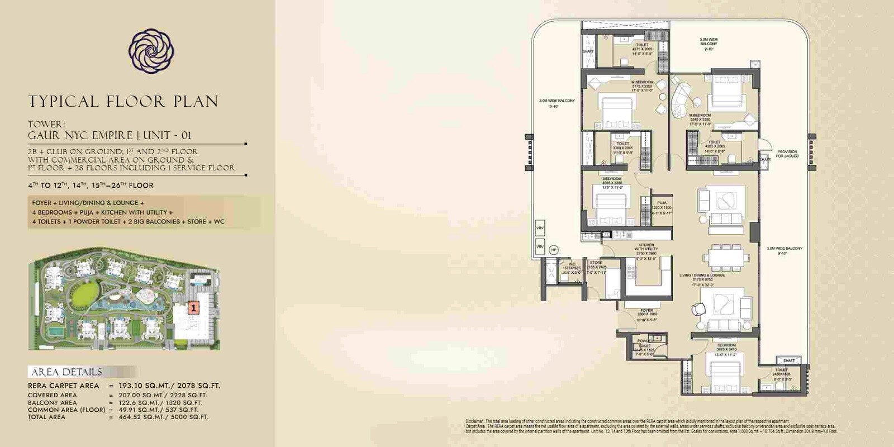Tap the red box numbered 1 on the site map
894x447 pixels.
point(193,307)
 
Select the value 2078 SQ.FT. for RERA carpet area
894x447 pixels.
point(198,386)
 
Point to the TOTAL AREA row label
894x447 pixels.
point(46,417)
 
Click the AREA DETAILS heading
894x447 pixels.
point(67,372)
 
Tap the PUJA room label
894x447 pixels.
point(662,203)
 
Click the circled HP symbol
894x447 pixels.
point(554,250)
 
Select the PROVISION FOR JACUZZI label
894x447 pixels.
point(787,154)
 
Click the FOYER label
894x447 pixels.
point(646,311)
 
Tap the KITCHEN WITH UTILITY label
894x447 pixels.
point(646,247)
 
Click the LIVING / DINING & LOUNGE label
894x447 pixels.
point(702,275)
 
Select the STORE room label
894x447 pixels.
point(596,263)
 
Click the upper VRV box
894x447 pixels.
point(540,228)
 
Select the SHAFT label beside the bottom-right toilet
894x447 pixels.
point(789,361)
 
